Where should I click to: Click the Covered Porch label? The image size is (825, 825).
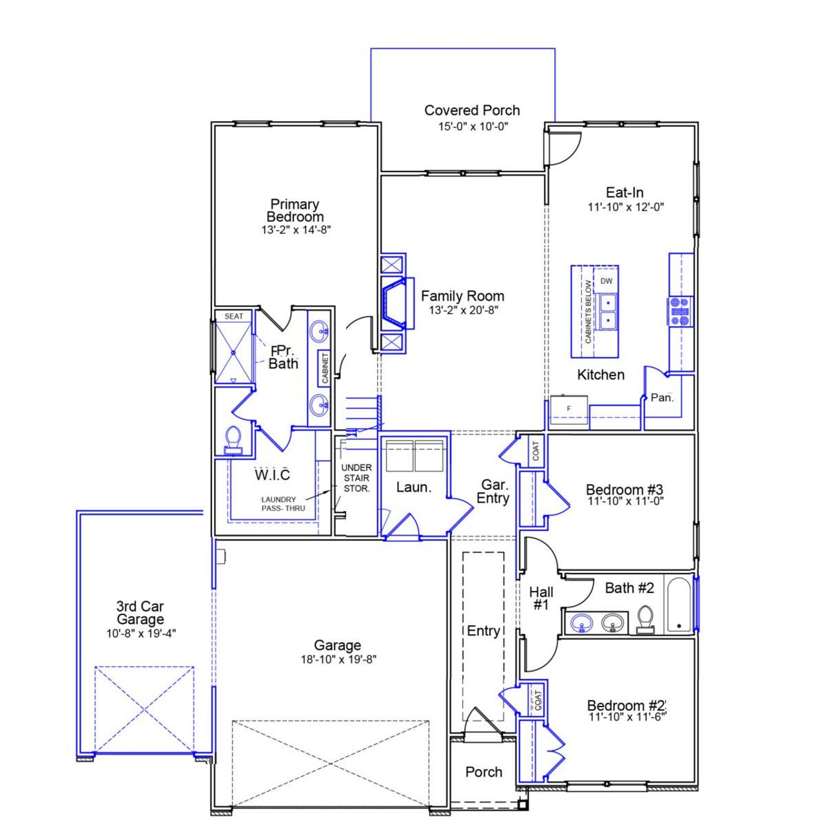472,110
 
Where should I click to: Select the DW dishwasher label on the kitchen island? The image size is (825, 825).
607,281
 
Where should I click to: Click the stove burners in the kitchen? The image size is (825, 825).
679,311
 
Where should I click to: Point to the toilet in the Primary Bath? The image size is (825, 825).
233,440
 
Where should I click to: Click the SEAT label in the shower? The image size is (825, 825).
234,316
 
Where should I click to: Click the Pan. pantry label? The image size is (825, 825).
662,398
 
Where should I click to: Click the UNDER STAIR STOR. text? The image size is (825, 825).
356,478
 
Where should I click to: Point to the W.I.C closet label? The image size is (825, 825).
272,475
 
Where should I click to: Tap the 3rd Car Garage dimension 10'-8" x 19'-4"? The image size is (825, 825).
141,634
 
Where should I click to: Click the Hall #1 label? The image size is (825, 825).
540,598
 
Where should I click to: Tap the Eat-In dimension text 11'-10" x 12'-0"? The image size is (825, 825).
625,207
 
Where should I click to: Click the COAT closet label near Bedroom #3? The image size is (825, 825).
536,451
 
